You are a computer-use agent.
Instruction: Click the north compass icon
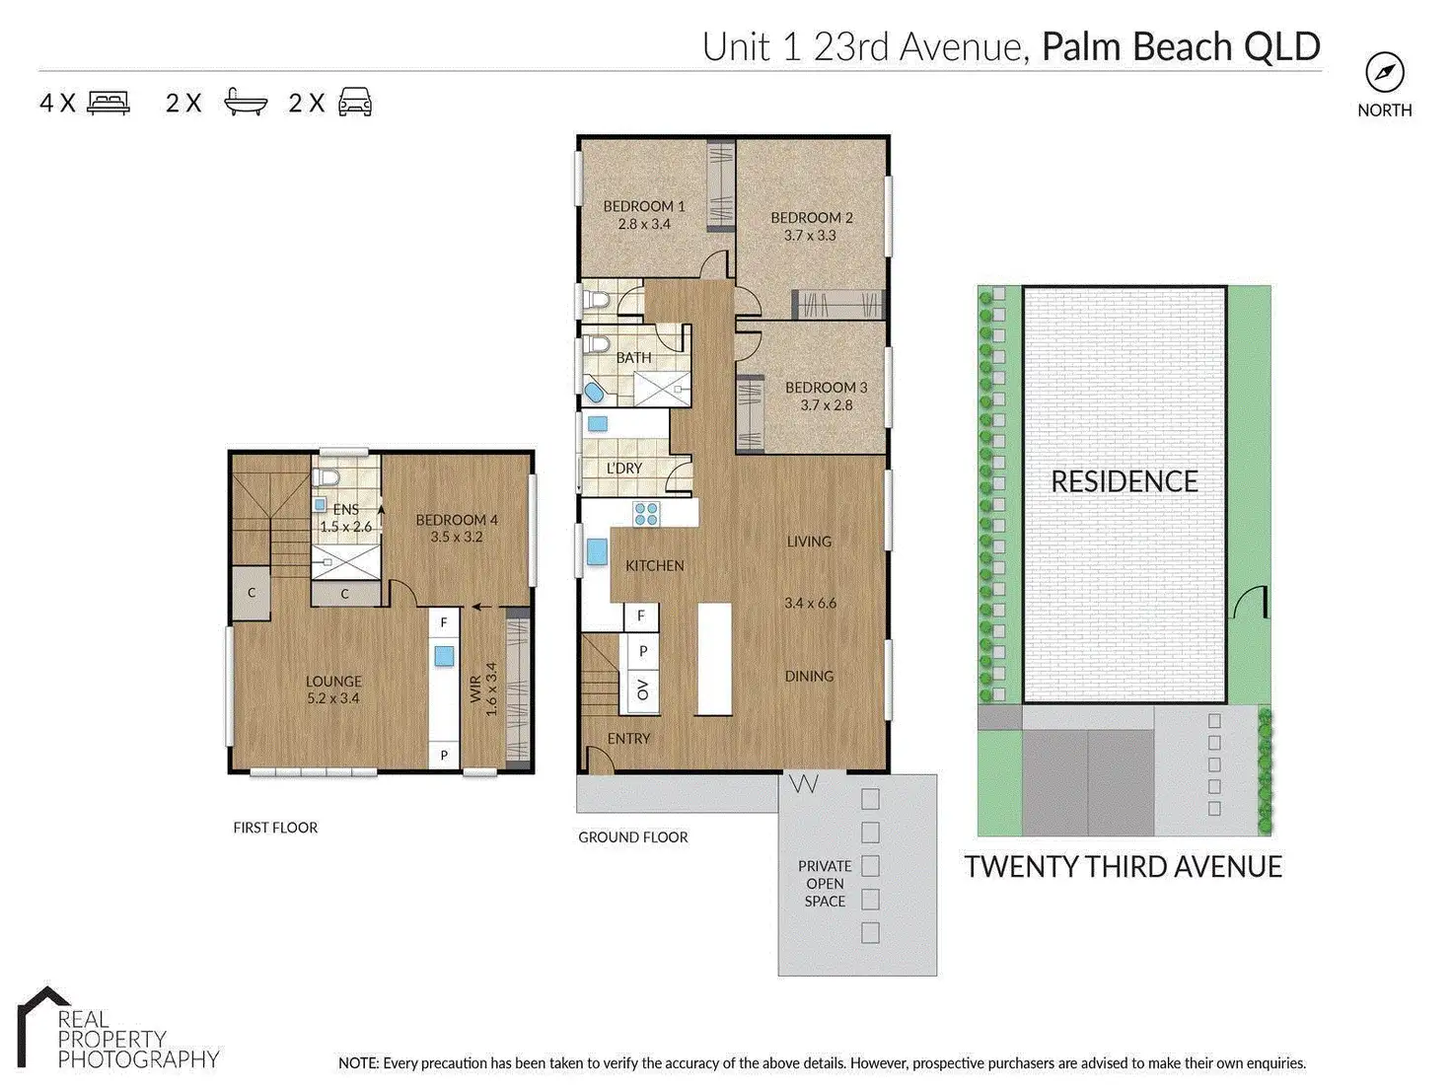point(1384,73)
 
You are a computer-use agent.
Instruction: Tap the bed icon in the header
point(108,104)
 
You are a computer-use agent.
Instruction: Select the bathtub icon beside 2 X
point(246,103)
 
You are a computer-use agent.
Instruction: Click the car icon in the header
point(355,103)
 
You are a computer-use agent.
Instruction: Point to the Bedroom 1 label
point(644,206)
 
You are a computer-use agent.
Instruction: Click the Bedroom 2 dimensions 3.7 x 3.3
point(810,236)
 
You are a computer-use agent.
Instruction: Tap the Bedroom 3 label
point(827,388)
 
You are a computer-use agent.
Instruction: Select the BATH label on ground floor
point(633,358)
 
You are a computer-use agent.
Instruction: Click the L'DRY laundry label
point(623,469)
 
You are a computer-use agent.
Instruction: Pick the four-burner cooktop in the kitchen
point(646,514)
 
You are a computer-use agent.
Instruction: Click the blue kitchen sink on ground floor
point(597,551)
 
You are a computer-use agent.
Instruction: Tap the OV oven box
point(642,690)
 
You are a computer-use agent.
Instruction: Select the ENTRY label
point(628,739)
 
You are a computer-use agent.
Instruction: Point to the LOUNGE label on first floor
point(333,682)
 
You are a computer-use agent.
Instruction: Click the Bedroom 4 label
point(457,521)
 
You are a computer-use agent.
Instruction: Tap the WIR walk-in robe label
point(475,689)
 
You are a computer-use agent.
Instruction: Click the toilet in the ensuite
point(327,476)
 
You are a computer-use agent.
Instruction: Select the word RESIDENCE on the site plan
point(1125,481)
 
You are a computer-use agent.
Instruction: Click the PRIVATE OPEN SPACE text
point(825,884)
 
